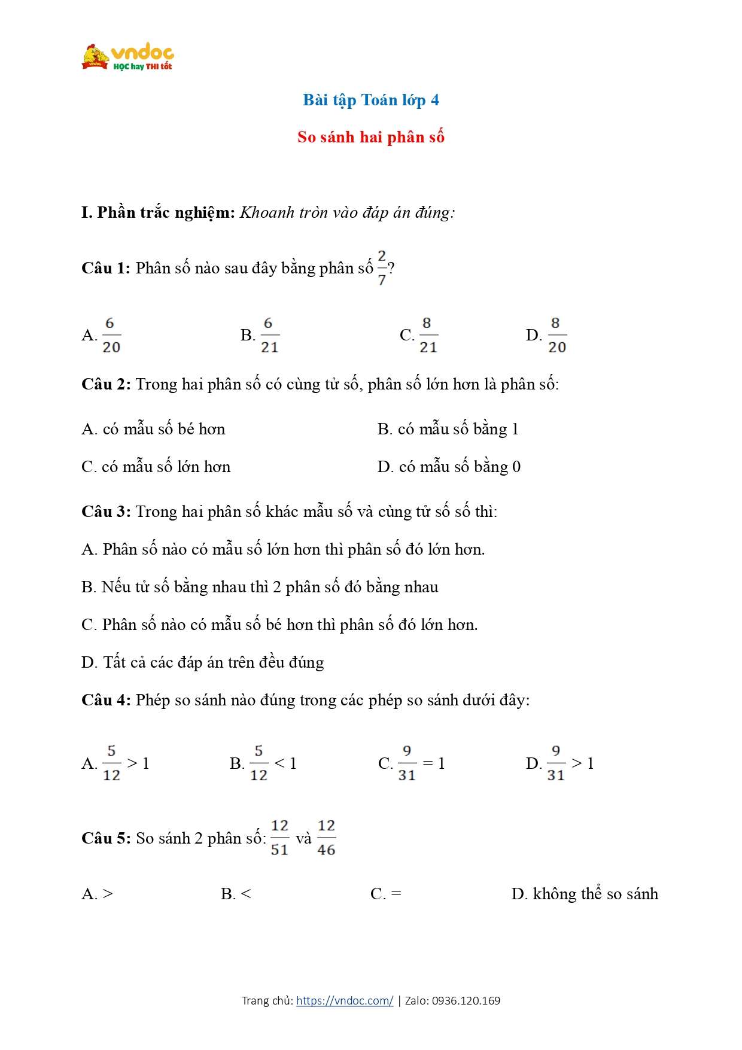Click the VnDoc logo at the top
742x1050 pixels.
[x=127, y=57]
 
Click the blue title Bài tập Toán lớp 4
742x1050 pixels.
[x=370, y=100]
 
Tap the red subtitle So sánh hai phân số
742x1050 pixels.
[x=370, y=137]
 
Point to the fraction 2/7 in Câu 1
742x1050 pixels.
[x=382, y=267]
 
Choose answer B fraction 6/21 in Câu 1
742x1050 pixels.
[x=269, y=335]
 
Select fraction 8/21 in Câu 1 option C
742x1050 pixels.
[x=427, y=335]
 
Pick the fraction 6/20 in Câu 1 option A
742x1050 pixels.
[x=111, y=335]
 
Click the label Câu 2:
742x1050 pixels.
[x=106, y=384]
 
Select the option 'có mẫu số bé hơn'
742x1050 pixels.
[x=163, y=429]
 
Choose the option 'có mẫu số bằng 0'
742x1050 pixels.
[x=459, y=467]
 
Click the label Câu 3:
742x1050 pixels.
[x=106, y=512]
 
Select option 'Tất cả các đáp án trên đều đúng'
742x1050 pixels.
[x=213, y=662]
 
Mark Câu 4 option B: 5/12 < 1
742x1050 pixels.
[x=264, y=763]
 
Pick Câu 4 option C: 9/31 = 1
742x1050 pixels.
[x=412, y=763]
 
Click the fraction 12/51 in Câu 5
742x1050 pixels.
[x=279, y=838]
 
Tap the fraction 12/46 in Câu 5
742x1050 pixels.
[x=326, y=838]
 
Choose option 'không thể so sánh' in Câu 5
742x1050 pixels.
[x=595, y=894]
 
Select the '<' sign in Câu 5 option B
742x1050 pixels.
[x=245, y=894]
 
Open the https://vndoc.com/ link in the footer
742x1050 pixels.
[x=345, y=1000]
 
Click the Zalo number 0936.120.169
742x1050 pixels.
[x=466, y=1000]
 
